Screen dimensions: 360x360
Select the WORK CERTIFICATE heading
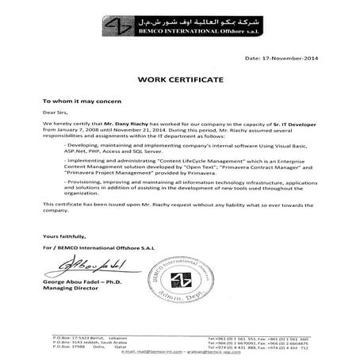tap(179, 80)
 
